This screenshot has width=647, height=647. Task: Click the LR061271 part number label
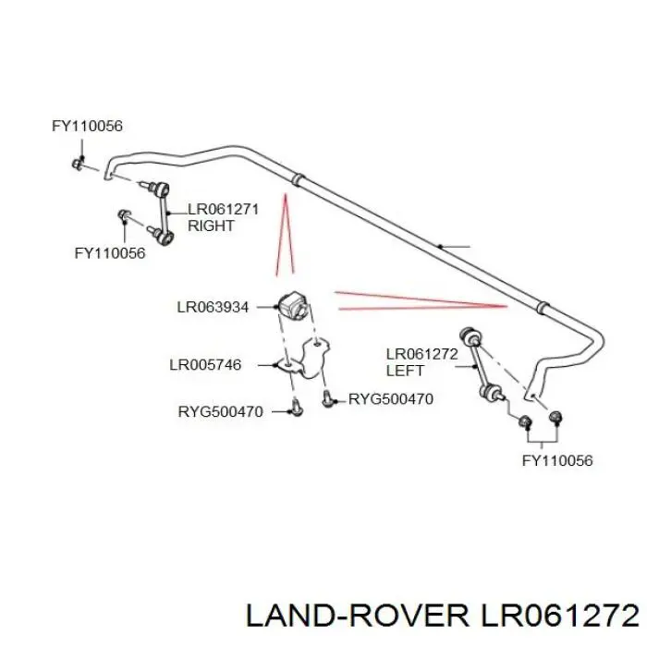tap(224, 209)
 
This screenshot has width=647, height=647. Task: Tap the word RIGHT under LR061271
tap(211, 226)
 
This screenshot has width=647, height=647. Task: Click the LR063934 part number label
tap(213, 308)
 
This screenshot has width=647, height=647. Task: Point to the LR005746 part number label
tap(205, 365)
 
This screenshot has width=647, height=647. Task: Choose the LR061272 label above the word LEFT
tap(422, 354)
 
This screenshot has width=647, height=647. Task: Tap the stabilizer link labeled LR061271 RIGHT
tap(161, 213)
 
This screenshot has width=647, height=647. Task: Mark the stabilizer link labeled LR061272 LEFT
tap(482, 362)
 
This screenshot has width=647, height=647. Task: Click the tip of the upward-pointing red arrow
tap(285, 194)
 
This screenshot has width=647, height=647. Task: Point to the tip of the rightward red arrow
tap(507, 306)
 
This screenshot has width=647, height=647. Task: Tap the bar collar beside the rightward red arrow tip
tap(543, 308)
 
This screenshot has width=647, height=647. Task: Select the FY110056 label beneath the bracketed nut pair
tap(557, 460)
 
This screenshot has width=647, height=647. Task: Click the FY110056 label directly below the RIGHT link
tap(110, 253)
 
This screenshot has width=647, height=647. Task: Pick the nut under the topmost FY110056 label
tap(78, 163)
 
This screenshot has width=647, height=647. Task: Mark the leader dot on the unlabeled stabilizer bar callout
tap(440, 247)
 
